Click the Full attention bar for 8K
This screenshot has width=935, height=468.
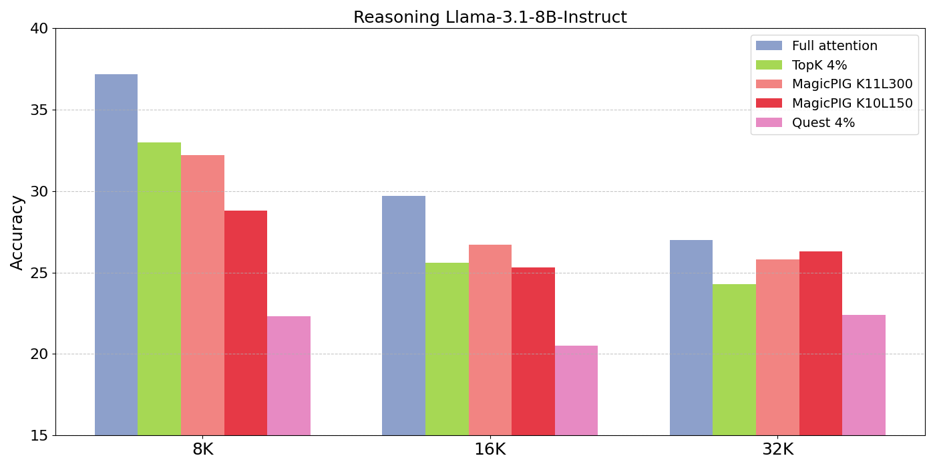(x=116, y=255)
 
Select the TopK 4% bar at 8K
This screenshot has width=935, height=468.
(x=160, y=289)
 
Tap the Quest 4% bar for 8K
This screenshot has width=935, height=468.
(x=289, y=376)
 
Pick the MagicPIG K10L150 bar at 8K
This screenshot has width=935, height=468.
(x=246, y=323)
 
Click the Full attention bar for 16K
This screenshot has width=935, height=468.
(x=403, y=316)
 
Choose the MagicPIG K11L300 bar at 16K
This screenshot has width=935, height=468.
(x=490, y=340)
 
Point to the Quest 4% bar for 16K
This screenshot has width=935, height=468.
(x=576, y=390)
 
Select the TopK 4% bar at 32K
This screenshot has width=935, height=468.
(x=734, y=360)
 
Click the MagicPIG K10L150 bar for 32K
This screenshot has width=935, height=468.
(x=821, y=344)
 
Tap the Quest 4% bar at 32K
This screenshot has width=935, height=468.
(x=864, y=375)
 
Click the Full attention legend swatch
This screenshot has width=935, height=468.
(x=769, y=45)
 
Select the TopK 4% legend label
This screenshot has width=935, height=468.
(x=819, y=66)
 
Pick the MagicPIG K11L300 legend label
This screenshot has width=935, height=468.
(x=852, y=84)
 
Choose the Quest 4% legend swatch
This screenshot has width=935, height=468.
(x=769, y=122)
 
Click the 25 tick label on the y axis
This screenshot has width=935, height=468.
(x=39, y=273)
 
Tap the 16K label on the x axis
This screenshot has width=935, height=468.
(x=490, y=449)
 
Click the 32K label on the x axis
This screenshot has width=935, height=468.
(x=777, y=449)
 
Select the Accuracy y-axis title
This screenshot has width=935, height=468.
(x=17, y=233)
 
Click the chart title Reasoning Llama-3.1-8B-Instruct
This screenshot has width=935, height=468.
(x=490, y=17)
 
